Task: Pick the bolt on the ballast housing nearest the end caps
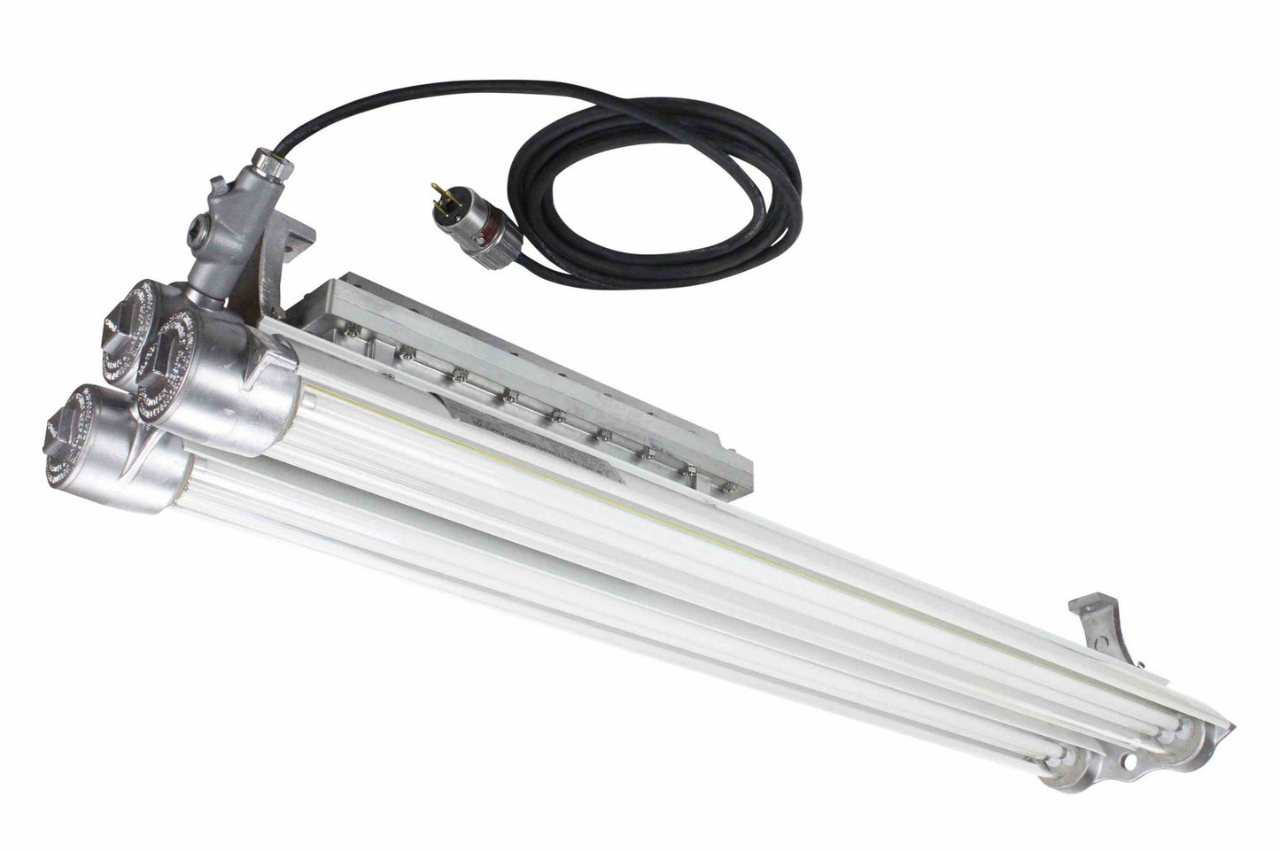[352, 329]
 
